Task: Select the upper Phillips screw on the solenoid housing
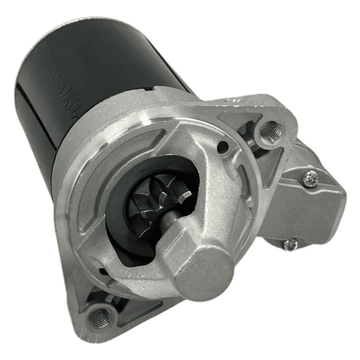pyautogui.click(x=311, y=177)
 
